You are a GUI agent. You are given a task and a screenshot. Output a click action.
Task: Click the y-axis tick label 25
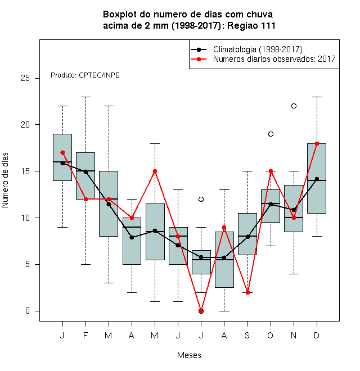tap(25, 78)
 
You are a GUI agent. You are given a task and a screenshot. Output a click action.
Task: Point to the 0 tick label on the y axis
tap(28, 311)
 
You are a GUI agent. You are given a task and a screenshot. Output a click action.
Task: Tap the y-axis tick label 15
tap(25, 171)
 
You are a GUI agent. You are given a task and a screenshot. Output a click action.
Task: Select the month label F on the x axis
tap(85, 335)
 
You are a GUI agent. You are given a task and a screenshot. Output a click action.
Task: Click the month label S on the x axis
tap(247, 335)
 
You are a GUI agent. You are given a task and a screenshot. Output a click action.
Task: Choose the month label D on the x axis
tap(317, 335)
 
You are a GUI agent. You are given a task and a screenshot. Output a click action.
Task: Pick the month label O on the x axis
tap(270, 335)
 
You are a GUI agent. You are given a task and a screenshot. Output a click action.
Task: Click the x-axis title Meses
tap(189, 355)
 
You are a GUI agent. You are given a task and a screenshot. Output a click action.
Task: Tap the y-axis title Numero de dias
tap(5, 180)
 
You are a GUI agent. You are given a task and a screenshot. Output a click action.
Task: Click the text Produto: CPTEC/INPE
tap(85, 75)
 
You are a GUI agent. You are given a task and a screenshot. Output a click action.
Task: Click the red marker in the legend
tap(199, 59)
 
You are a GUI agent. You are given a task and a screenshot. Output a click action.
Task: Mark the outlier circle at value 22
tap(294, 106)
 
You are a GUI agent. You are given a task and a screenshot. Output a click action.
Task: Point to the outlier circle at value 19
tap(271, 134)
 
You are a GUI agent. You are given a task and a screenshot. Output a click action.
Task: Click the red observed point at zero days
tap(201, 311)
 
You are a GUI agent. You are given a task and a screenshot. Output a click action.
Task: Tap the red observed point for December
tap(317, 143)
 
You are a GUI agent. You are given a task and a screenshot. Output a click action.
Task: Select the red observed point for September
tap(247, 292)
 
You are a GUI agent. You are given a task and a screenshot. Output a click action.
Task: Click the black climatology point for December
tap(317, 179)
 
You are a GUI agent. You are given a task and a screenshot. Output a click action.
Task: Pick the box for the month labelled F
tap(85, 176)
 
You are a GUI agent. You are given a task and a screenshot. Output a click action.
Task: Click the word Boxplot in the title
tap(120, 15)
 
